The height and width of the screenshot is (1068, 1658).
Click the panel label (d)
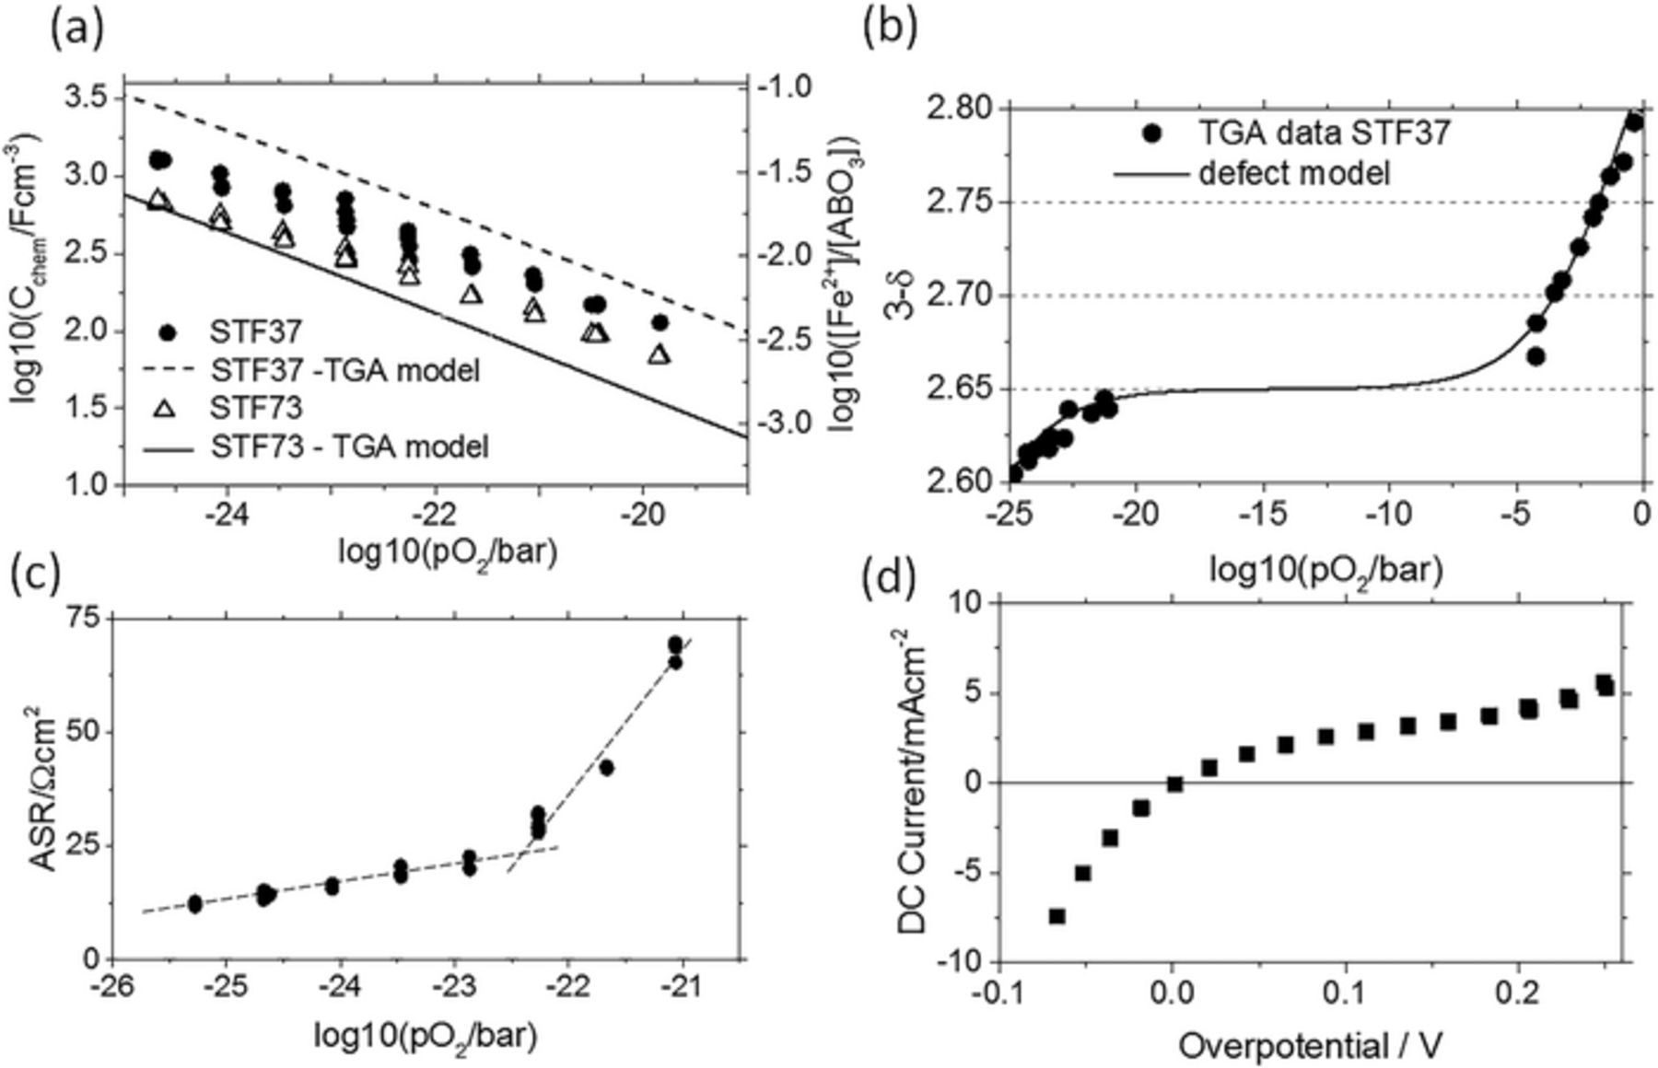[x=890, y=579]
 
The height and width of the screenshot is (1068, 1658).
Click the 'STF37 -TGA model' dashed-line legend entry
[x=344, y=370]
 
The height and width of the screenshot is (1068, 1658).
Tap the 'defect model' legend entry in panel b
[x=1293, y=172]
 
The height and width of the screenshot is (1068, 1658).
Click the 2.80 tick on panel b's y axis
[x=966, y=109]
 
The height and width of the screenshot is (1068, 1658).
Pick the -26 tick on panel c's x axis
[x=111, y=989]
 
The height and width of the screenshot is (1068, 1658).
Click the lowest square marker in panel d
[x=1057, y=916]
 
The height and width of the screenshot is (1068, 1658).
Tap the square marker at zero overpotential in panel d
[x=1175, y=784]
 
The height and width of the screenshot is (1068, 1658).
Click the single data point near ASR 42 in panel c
[x=606, y=767]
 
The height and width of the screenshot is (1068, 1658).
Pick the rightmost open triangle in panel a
[x=659, y=354]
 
